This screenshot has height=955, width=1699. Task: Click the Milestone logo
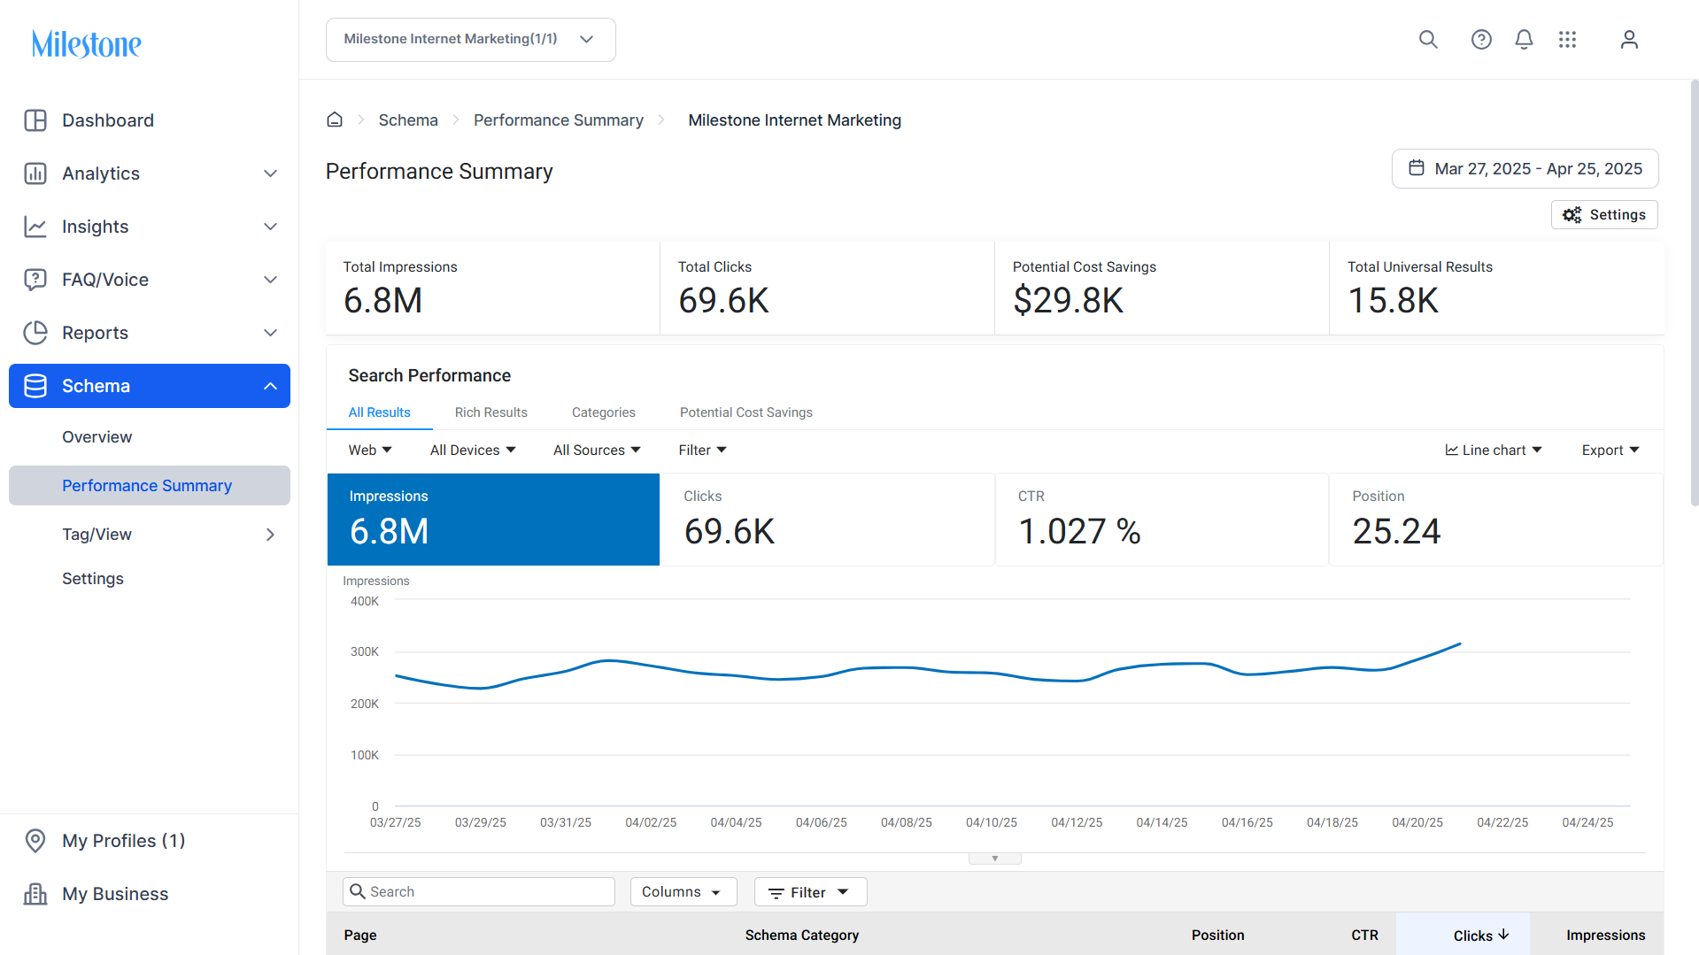pyautogui.click(x=86, y=43)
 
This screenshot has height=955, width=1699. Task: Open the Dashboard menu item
pyautogui.click(x=108, y=120)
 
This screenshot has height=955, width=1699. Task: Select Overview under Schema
pyautogui.click(x=97, y=437)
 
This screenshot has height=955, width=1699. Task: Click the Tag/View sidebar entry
pyautogui.click(x=97, y=535)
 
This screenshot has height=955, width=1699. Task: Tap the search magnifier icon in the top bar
pyautogui.click(x=1428, y=40)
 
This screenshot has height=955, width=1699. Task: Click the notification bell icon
pyautogui.click(x=1524, y=40)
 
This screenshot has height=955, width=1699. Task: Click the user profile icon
pyautogui.click(x=1629, y=40)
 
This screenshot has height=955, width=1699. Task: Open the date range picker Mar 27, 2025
pyautogui.click(x=1525, y=169)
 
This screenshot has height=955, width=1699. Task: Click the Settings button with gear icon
pyautogui.click(x=1604, y=215)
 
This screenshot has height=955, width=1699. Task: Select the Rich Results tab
pyautogui.click(x=490, y=412)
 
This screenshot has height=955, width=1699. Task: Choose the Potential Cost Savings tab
pyautogui.click(x=745, y=412)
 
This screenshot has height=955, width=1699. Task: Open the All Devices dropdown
pyautogui.click(x=473, y=451)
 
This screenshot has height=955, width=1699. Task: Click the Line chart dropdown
pyautogui.click(x=1494, y=451)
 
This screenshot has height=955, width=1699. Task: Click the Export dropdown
pyautogui.click(x=1610, y=451)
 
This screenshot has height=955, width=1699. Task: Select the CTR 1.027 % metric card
pyautogui.click(x=1162, y=520)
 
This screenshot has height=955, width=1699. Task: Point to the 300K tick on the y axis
pyautogui.click(x=365, y=652)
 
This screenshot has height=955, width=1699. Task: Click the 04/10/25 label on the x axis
pyautogui.click(x=992, y=823)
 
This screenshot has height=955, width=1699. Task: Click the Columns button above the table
pyautogui.click(x=683, y=892)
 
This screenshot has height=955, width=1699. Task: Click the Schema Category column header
pyautogui.click(x=802, y=936)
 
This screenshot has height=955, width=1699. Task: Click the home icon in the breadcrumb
pyautogui.click(x=335, y=120)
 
